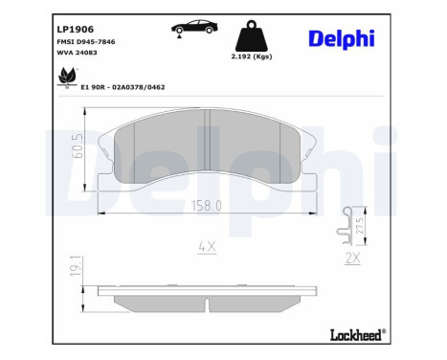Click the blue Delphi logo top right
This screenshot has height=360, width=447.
tap(342, 37)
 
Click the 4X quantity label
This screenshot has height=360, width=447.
tap(207, 246)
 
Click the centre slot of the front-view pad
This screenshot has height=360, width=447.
tap(208, 143)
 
